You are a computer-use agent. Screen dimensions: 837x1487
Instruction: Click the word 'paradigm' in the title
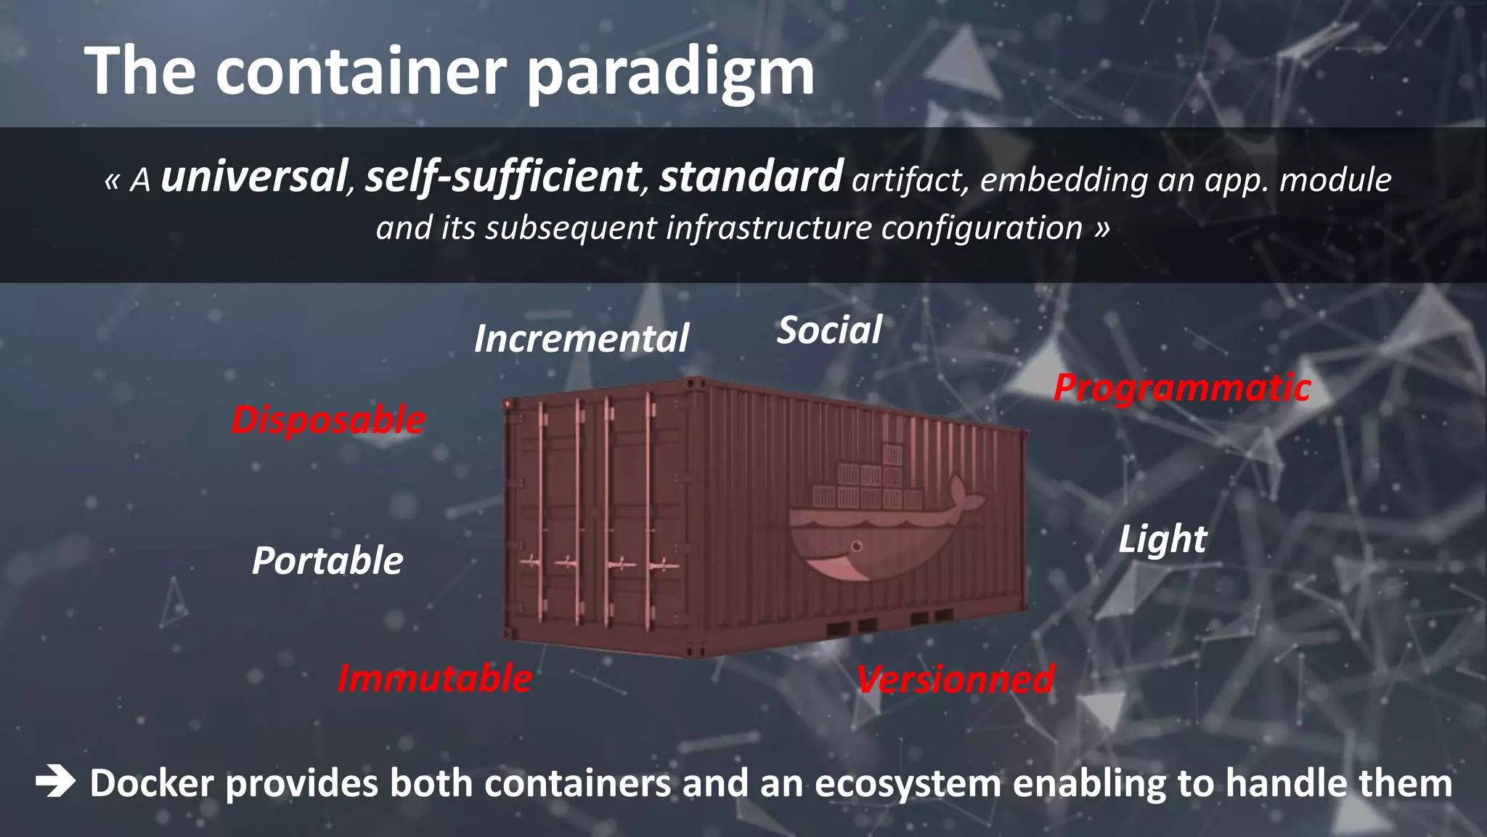pos(670,73)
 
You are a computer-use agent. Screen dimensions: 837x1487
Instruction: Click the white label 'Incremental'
pos(581,339)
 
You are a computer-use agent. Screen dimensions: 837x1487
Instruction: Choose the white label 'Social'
pos(829,331)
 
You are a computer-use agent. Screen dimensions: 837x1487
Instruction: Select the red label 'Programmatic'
pos(1182,388)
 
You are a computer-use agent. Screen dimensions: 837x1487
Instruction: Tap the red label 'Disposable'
pos(328,420)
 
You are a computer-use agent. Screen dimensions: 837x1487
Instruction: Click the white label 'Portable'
pos(327,561)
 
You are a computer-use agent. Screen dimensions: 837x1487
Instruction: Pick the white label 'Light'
pos(1162,539)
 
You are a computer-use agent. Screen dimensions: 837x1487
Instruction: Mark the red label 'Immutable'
pos(435,679)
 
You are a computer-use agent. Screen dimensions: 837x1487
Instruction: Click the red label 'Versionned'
pos(956,680)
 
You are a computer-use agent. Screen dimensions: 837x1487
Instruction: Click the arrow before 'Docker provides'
pos(55,783)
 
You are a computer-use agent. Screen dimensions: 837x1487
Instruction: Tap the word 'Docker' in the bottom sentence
pos(152,783)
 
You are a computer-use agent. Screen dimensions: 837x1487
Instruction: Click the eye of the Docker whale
pos(857,546)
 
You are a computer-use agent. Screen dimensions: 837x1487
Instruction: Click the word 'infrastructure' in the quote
pos(769,228)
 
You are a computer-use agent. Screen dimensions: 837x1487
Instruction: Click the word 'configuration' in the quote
pos(982,228)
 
